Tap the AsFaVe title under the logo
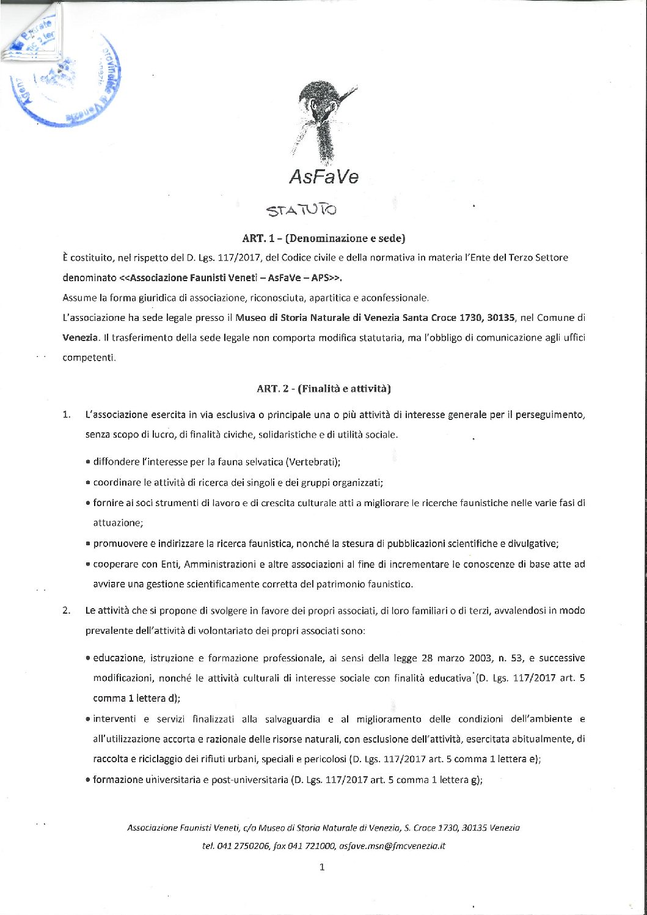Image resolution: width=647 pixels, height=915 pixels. pyautogui.click(x=323, y=177)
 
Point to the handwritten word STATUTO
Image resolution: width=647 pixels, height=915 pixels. pyautogui.click(x=301, y=210)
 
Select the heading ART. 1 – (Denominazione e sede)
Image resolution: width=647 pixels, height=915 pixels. pyautogui.click(x=323, y=238)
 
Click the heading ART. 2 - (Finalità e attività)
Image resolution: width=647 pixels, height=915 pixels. pyautogui.click(x=323, y=389)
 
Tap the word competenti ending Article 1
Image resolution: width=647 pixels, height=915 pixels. pyautogui.click(x=89, y=358)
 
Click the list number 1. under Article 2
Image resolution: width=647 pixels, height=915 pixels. pyautogui.click(x=66, y=415)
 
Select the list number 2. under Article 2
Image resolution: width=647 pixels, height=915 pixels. pyautogui.click(x=66, y=611)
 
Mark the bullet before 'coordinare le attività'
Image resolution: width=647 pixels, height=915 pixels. pyautogui.click(x=89, y=483)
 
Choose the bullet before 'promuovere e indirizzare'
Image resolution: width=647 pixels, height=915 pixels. pyautogui.click(x=89, y=544)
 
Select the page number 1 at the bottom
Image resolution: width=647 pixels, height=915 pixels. pyautogui.click(x=322, y=867)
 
